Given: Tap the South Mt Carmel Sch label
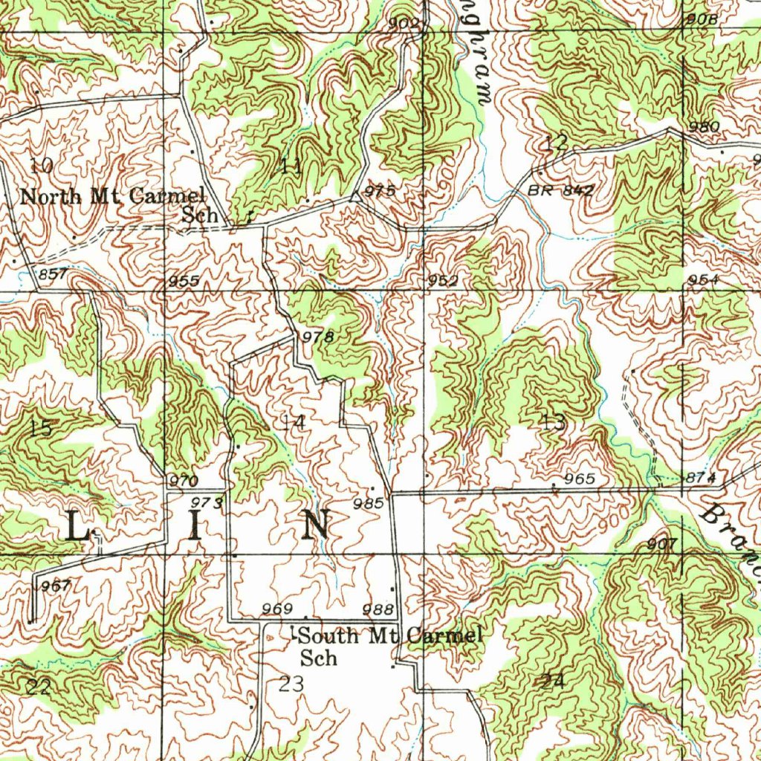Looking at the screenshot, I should tap(390, 645).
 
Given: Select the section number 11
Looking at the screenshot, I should tap(292, 166).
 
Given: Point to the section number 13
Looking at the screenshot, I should tap(553, 423).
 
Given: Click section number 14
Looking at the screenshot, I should tap(293, 423).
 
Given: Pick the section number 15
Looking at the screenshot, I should tap(41, 428).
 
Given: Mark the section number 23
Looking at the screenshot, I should tap(291, 684).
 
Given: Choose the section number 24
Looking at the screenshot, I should tap(554, 680).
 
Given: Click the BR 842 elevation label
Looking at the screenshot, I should tap(561, 190).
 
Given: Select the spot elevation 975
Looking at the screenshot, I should tap(380, 191).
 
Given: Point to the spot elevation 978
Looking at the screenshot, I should tap(318, 337).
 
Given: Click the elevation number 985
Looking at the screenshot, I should tap(369, 503).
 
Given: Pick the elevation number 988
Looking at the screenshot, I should tap(378, 609).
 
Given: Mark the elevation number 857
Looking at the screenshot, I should tap(52, 275).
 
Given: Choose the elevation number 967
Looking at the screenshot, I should tap(56, 586).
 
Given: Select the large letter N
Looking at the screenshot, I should tap(316, 525).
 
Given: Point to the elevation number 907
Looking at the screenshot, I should tap(661, 544).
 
